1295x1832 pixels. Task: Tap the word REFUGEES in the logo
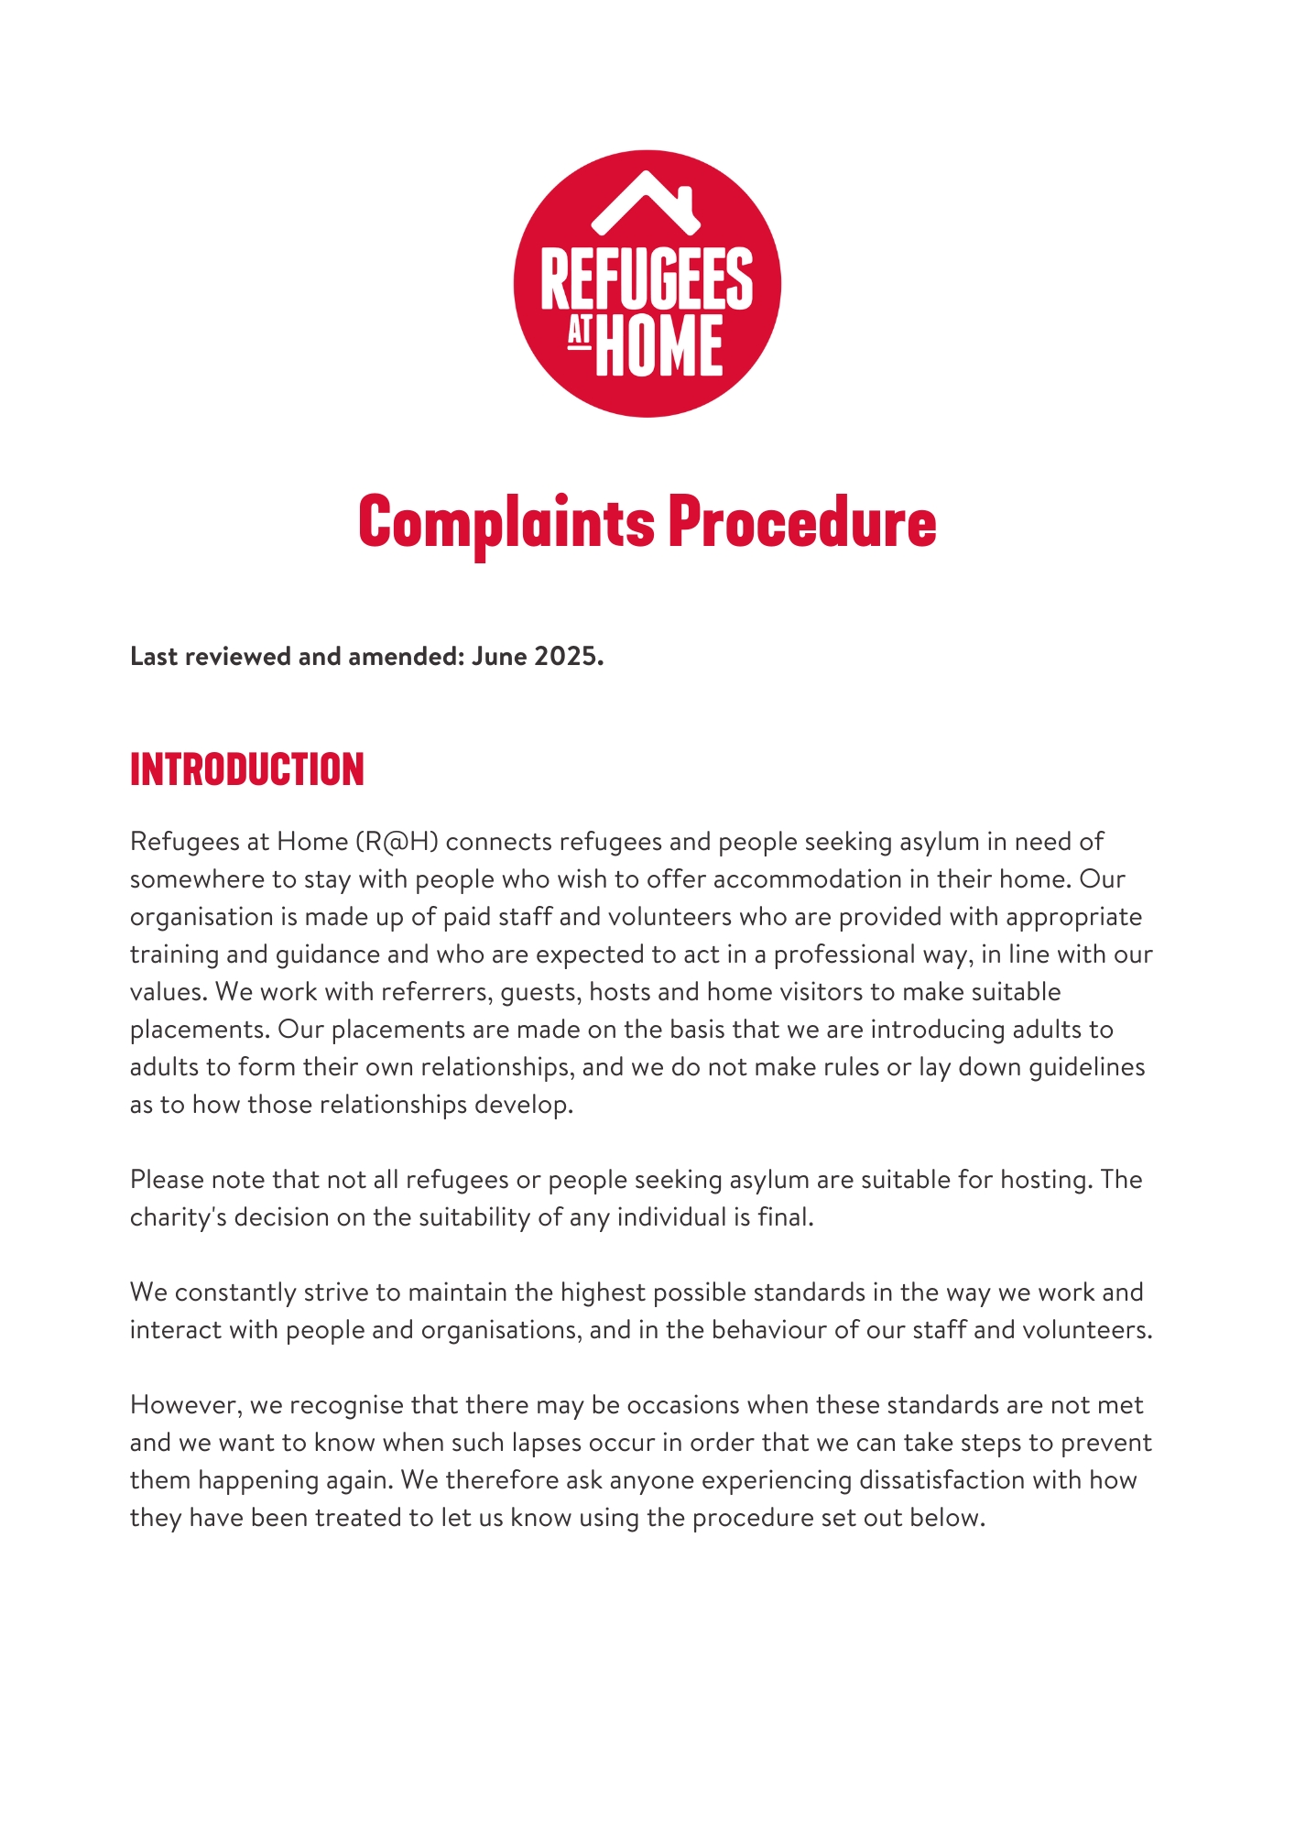(x=647, y=278)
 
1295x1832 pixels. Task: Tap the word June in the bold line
(x=499, y=657)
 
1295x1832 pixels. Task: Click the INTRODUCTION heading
(x=247, y=769)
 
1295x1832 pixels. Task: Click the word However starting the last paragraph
(x=185, y=1405)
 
